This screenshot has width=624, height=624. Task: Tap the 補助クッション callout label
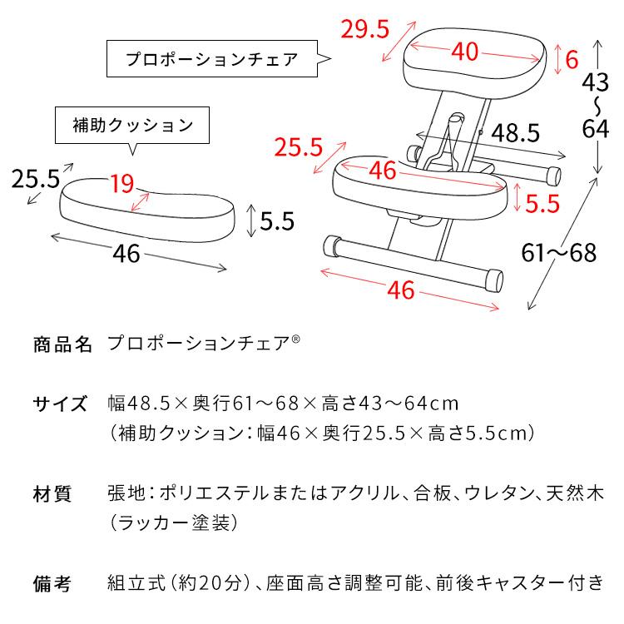[131, 126]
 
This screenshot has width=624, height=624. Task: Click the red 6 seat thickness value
[571, 59]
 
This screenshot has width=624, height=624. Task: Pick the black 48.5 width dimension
[515, 132]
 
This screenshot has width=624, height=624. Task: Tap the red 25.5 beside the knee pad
[299, 147]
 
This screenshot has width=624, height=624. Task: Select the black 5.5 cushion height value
[278, 220]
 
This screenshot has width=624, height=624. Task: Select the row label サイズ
[60, 404]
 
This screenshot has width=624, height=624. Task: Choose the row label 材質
[52, 494]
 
